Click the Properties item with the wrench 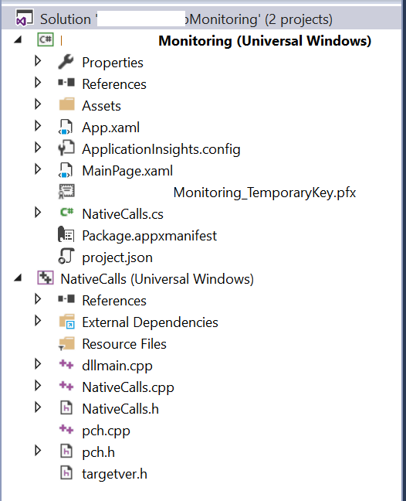113,63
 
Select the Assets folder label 101,106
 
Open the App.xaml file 110,128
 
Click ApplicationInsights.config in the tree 161,149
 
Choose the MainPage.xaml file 127,171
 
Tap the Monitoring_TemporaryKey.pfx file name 265,193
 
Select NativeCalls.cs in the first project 123,214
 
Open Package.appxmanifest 149,236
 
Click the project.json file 117,257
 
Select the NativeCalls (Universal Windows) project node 157,279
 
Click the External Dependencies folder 150,322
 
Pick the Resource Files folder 124,344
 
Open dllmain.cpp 117,366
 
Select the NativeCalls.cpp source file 128,387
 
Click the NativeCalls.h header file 120,409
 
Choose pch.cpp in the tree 106,431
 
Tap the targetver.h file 114,474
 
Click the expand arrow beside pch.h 38,451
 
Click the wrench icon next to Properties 66,62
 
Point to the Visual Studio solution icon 25,19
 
